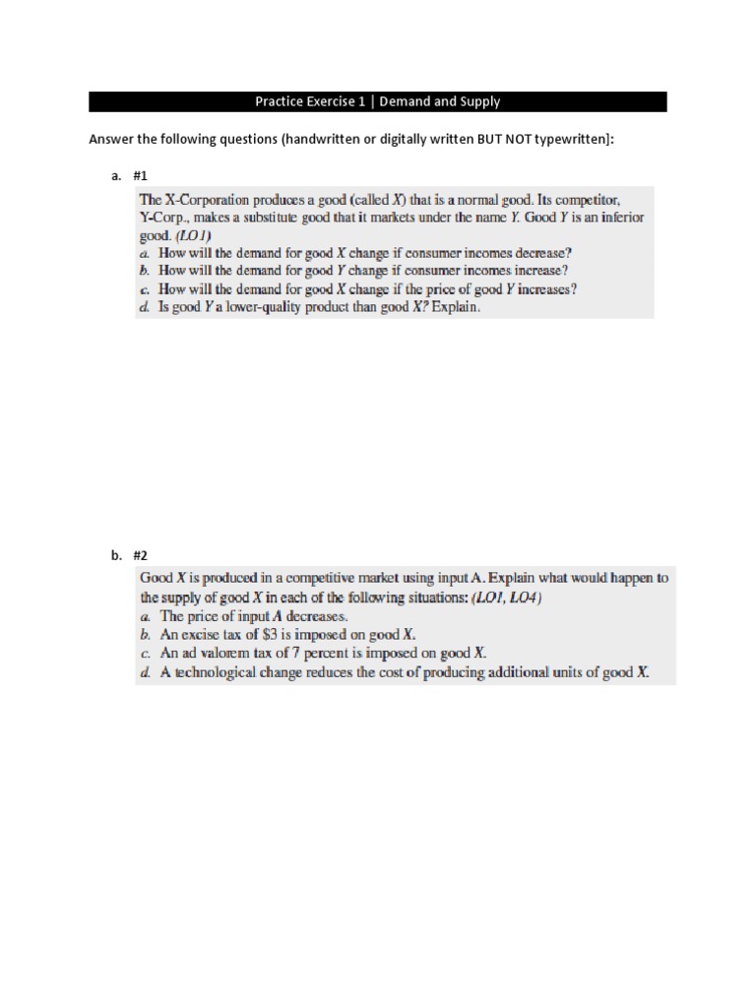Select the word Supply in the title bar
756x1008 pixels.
pyautogui.click(x=478, y=101)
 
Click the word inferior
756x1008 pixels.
pyautogui.click(x=617, y=217)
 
